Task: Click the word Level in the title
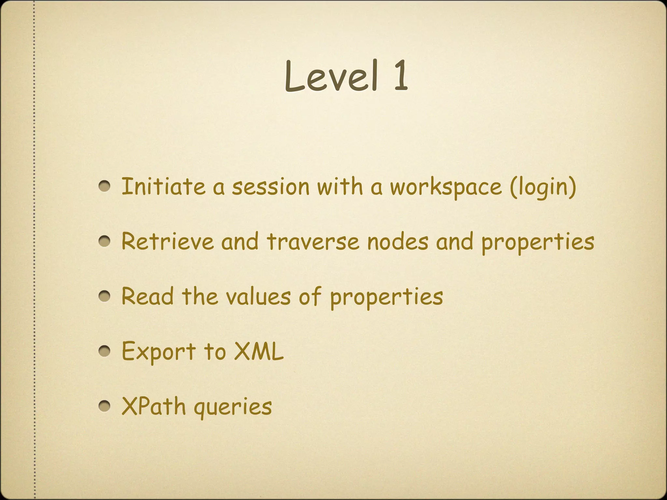(331, 76)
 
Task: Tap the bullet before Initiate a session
(105, 187)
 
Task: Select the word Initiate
(163, 187)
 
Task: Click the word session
(270, 187)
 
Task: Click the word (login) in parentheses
(543, 187)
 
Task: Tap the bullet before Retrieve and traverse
(105, 242)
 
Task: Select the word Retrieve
(167, 242)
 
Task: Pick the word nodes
(398, 242)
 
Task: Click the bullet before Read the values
(105, 297)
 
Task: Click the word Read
(148, 297)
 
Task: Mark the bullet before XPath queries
(105, 406)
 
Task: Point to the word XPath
(153, 406)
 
